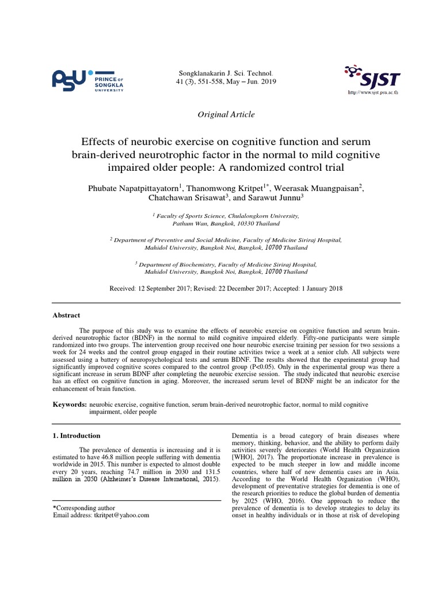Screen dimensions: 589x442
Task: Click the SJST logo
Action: point(371,77)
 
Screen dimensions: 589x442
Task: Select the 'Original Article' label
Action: point(226,114)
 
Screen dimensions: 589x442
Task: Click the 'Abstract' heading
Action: point(67,315)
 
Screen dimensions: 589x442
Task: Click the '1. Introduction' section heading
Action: point(77,435)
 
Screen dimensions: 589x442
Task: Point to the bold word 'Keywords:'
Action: point(70,405)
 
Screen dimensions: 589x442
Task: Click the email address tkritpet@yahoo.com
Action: point(120,515)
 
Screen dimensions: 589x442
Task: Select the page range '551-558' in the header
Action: point(204,82)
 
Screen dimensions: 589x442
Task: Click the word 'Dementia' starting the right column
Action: point(245,435)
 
